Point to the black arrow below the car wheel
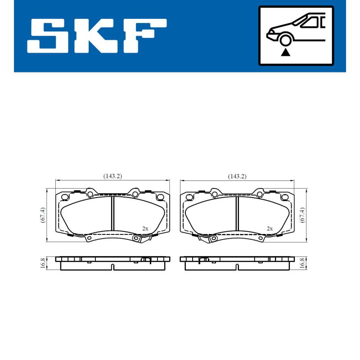(285, 52)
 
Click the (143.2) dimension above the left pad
(112, 176)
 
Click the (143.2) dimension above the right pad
(237, 176)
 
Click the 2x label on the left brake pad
(145, 229)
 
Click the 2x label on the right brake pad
(270, 229)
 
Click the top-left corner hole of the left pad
(64, 197)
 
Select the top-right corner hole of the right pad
(284, 197)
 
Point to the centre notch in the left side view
(112, 267)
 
